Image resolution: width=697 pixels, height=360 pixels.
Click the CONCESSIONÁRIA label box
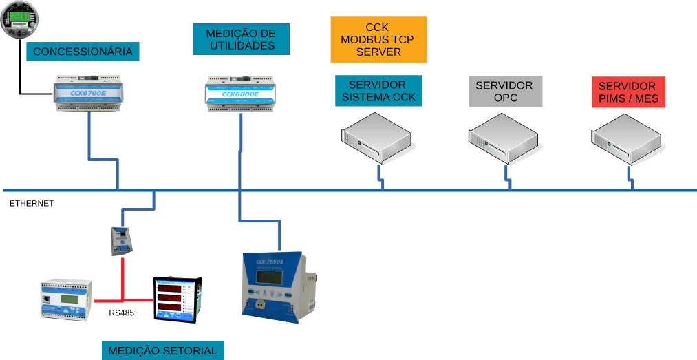(83, 52)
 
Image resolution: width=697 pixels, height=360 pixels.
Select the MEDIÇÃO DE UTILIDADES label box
(242, 40)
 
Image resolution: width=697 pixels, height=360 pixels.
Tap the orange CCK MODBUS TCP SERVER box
(378, 39)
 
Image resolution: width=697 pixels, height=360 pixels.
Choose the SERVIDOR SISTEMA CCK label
(378, 92)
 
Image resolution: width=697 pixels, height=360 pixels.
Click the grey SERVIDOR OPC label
(505, 92)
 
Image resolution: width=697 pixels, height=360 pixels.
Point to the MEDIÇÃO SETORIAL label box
(162, 350)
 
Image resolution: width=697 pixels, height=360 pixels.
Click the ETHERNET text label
(32, 204)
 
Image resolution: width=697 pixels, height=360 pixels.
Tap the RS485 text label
(122, 313)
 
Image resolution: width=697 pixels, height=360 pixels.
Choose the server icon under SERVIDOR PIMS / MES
(628, 140)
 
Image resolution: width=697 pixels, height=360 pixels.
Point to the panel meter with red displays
(178, 299)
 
